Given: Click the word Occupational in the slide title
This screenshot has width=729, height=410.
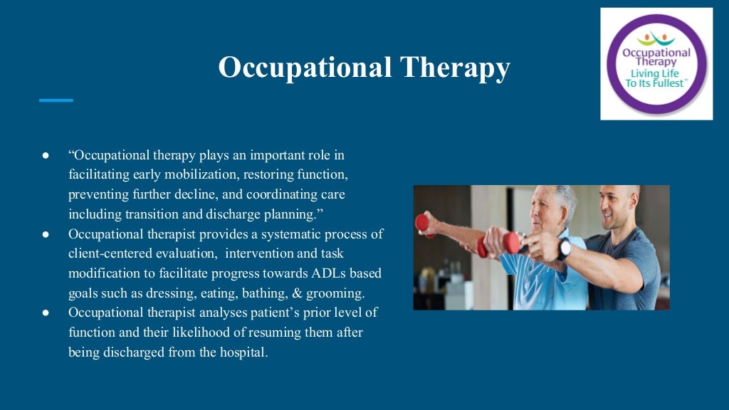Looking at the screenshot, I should coord(304,68).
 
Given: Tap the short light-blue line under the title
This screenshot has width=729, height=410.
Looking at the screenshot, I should coord(56,100).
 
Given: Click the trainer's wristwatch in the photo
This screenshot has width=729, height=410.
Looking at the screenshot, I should coord(564,248).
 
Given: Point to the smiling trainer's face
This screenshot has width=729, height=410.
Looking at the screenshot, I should coord(615,206).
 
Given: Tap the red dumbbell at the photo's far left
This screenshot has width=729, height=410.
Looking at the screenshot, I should coord(422,224).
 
